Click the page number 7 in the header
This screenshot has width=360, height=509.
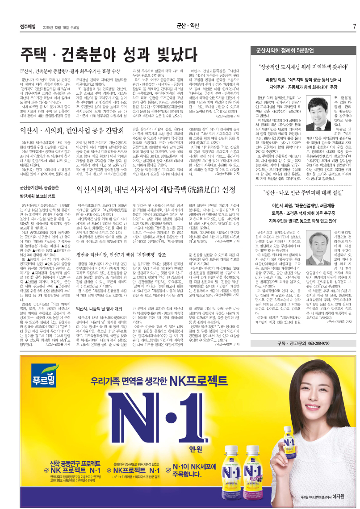(x=354, y=26)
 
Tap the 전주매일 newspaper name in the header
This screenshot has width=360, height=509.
(x=28, y=26)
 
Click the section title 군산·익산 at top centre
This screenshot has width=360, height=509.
(x=187, y=26)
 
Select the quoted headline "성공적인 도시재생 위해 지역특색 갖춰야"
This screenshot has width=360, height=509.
(x=304, y=68)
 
